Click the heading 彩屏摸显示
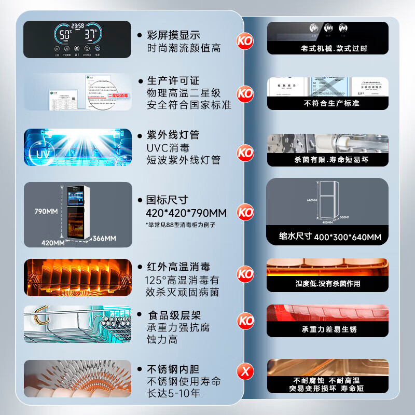(174, 35)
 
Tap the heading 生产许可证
(174, 81)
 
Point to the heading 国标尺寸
(168, 200)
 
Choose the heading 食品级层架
(174, 315)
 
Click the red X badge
(245, 371)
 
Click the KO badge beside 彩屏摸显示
(245, 40)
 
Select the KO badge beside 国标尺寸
(245, 212)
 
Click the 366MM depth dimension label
(104, 238)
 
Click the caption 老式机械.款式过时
(327, 48)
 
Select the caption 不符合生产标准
(327, 103)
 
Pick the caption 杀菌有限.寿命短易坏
(327, 160)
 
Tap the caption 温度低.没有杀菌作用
(327, 284)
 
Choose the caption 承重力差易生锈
(327, 329)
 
